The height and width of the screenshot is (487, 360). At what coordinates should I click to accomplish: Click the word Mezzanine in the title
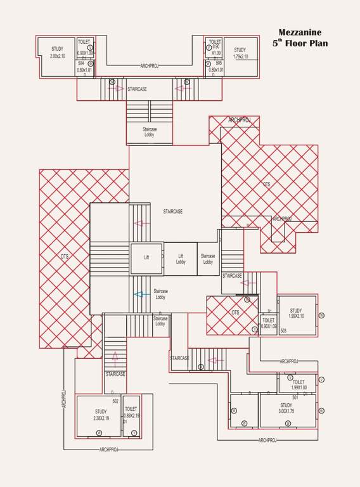click(300, 32)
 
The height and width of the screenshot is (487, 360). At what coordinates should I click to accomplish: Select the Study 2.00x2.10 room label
click(57, 53)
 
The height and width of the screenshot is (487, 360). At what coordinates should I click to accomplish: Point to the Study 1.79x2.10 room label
click(240, 53)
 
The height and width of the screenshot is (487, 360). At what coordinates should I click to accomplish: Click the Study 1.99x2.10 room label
click(296, 313)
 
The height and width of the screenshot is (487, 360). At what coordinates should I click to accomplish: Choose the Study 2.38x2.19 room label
click(101, 415)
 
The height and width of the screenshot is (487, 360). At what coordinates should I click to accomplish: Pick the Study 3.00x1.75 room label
click(286, 408)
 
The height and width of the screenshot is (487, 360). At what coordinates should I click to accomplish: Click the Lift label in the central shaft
click(146, 257)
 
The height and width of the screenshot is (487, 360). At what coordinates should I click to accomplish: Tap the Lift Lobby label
click(181, 259)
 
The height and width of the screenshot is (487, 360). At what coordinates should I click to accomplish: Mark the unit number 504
click(81, 63)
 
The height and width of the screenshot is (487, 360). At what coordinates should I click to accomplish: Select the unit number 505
click(219, 63)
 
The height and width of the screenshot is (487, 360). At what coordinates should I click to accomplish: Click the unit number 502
click(115, 401)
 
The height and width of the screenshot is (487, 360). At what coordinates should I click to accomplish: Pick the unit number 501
click(295, 397)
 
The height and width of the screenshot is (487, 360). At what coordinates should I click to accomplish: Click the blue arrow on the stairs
click(141, 294)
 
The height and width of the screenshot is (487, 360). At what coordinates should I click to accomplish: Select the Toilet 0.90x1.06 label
click(269, 323)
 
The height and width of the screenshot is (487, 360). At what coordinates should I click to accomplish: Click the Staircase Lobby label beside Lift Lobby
click(208, 259)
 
